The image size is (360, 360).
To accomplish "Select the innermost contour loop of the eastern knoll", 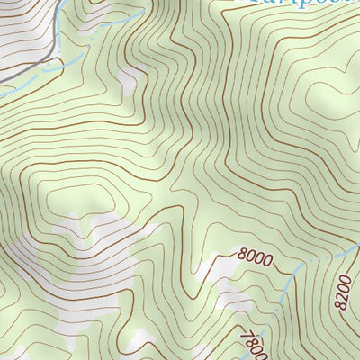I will [337, 85].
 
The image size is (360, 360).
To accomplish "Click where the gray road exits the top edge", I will [64, 2].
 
